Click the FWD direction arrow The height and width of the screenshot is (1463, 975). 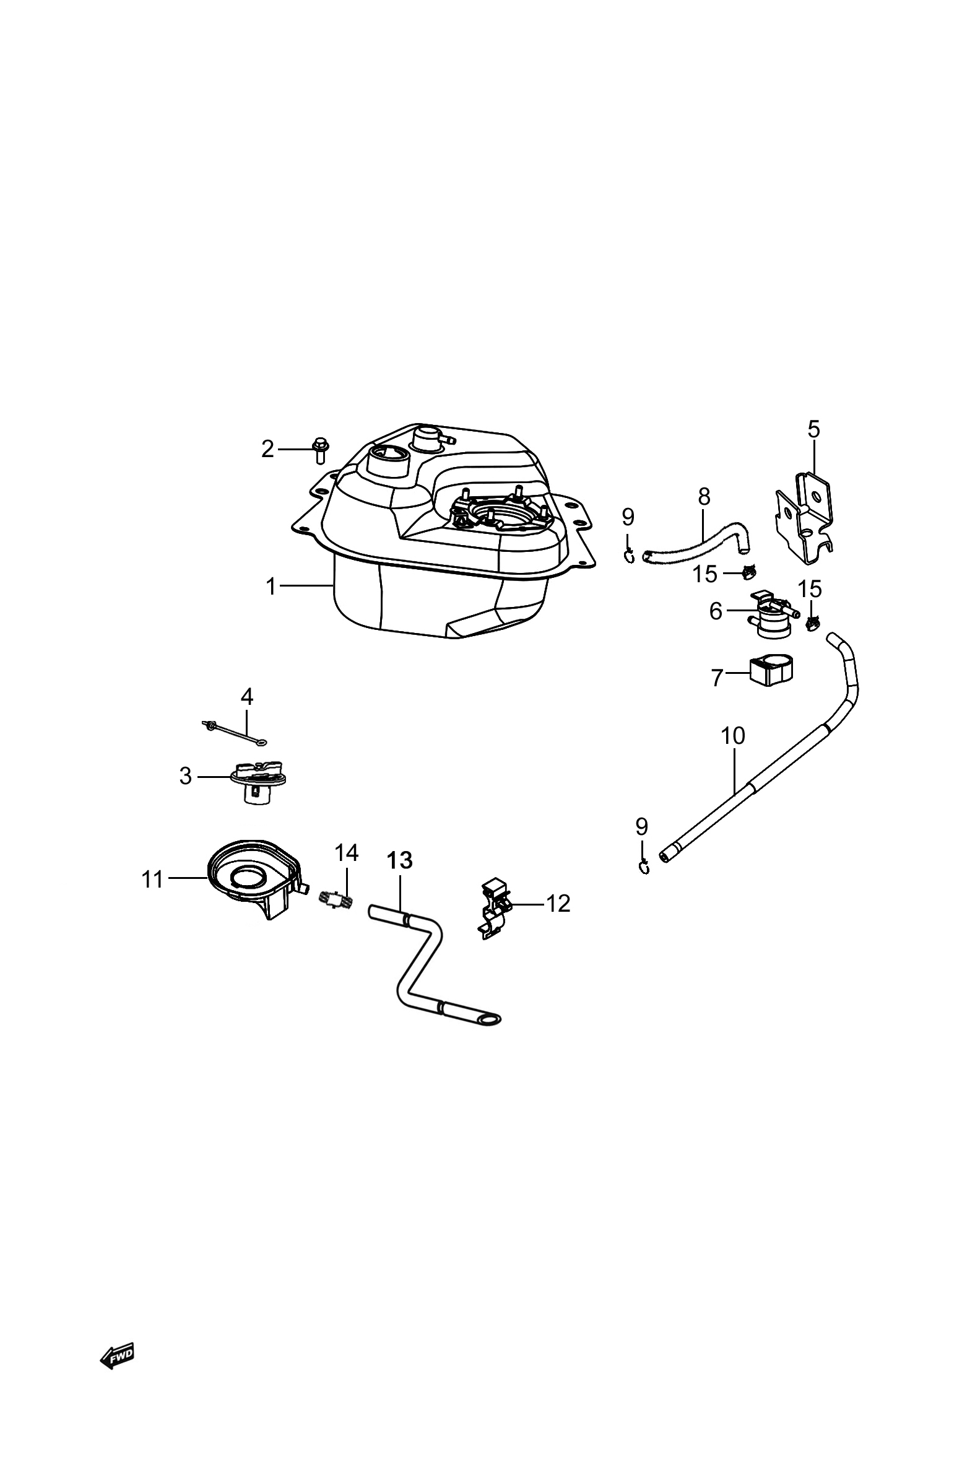(117, 1356)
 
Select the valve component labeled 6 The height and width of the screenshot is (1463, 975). (774, 614)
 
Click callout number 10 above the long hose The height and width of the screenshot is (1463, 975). (733, 736)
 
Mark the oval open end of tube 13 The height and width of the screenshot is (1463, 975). (490, 1020)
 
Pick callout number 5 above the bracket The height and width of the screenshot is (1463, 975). (814, 429)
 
